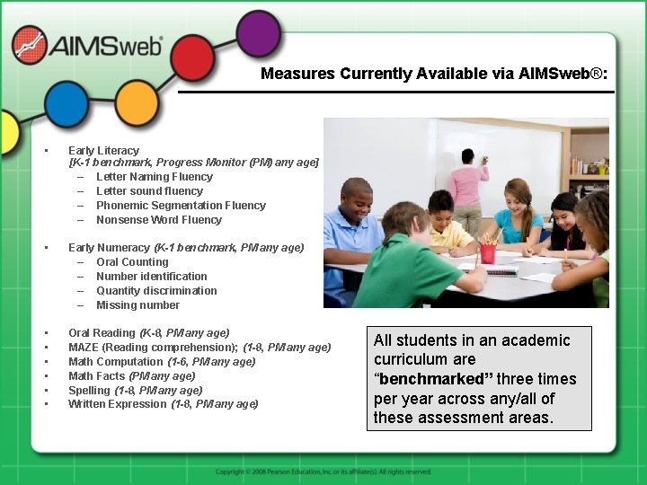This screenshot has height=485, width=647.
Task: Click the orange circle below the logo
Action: point(137,102)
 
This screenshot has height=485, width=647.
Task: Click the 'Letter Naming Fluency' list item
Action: point(154,177)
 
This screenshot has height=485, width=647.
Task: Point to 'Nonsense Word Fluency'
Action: point(158,220)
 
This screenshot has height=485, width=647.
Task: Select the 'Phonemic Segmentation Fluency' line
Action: point(181,206)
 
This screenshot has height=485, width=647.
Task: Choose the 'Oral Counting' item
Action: point(132,262)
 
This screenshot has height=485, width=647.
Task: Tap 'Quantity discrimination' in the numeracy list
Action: point(156,291)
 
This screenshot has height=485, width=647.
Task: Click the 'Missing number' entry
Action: point(137,305)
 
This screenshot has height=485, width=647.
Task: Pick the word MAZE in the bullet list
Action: point(84,348)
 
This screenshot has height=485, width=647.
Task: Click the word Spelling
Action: point(89,391)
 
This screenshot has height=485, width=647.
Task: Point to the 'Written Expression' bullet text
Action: point(118,404)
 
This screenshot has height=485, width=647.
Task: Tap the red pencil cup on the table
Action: point(488,252)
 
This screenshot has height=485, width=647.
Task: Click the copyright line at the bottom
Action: point(323,472)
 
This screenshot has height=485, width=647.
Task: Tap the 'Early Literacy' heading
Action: point(103,151)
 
